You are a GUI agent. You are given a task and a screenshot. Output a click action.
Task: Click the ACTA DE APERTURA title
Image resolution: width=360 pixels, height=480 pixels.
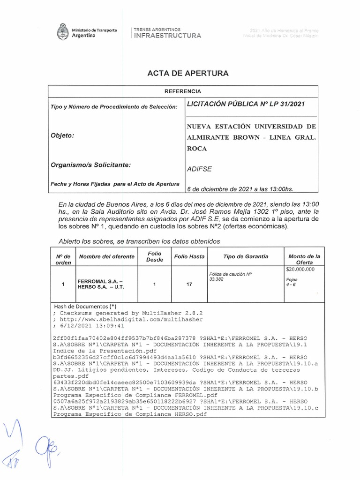pos(188,74)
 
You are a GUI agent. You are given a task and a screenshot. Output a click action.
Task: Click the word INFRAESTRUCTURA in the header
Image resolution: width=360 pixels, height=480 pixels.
pos(168,36)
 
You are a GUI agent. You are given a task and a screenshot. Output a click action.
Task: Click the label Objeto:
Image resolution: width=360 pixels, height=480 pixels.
pos(62,135)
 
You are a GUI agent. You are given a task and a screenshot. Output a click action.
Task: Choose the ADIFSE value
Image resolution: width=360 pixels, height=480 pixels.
pos(199,170)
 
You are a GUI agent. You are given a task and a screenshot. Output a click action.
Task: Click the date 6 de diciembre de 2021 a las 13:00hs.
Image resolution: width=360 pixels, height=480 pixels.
pos(240,189)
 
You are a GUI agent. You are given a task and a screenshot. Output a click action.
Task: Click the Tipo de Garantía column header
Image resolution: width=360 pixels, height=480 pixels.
pos(246,256)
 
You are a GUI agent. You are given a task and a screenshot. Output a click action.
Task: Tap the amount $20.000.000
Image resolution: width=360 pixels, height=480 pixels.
pos(300,270)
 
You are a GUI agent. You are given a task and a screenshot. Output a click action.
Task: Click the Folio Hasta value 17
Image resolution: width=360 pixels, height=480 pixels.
pos(189,284)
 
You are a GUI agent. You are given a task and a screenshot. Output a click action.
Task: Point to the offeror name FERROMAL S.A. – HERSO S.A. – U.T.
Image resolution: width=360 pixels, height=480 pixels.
pos(101,284)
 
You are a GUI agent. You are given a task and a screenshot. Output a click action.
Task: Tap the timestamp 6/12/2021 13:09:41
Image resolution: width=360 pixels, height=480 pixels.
pos(91,325)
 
